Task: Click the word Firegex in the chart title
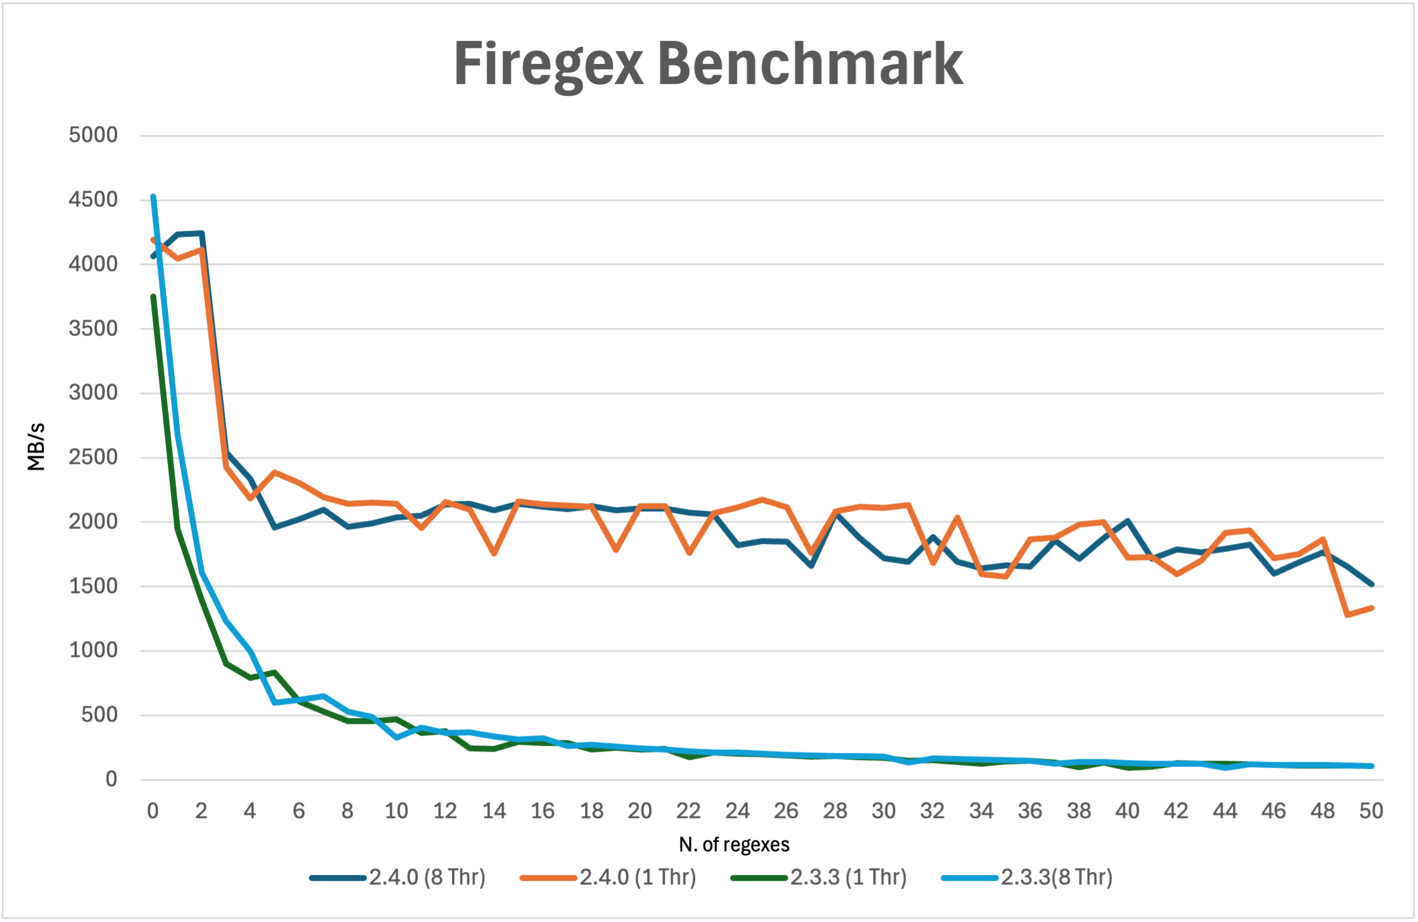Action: (548, 65)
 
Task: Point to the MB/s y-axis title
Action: (36, 446)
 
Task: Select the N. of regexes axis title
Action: (734, 844)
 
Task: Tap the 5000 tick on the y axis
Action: (93, 135)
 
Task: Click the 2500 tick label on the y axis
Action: (93, 457)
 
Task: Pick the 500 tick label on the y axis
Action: (99, 715)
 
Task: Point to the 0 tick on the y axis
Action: (111, 779)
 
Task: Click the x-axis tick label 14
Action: (494, 811)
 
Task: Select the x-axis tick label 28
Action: (835, 811)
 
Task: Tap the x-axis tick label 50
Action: (1371, 811)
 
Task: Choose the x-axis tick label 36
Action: (1029, 811)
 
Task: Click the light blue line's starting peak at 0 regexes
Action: (153, 196)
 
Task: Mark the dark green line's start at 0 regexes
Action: (153, 296)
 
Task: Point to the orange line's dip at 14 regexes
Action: (494, 554)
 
